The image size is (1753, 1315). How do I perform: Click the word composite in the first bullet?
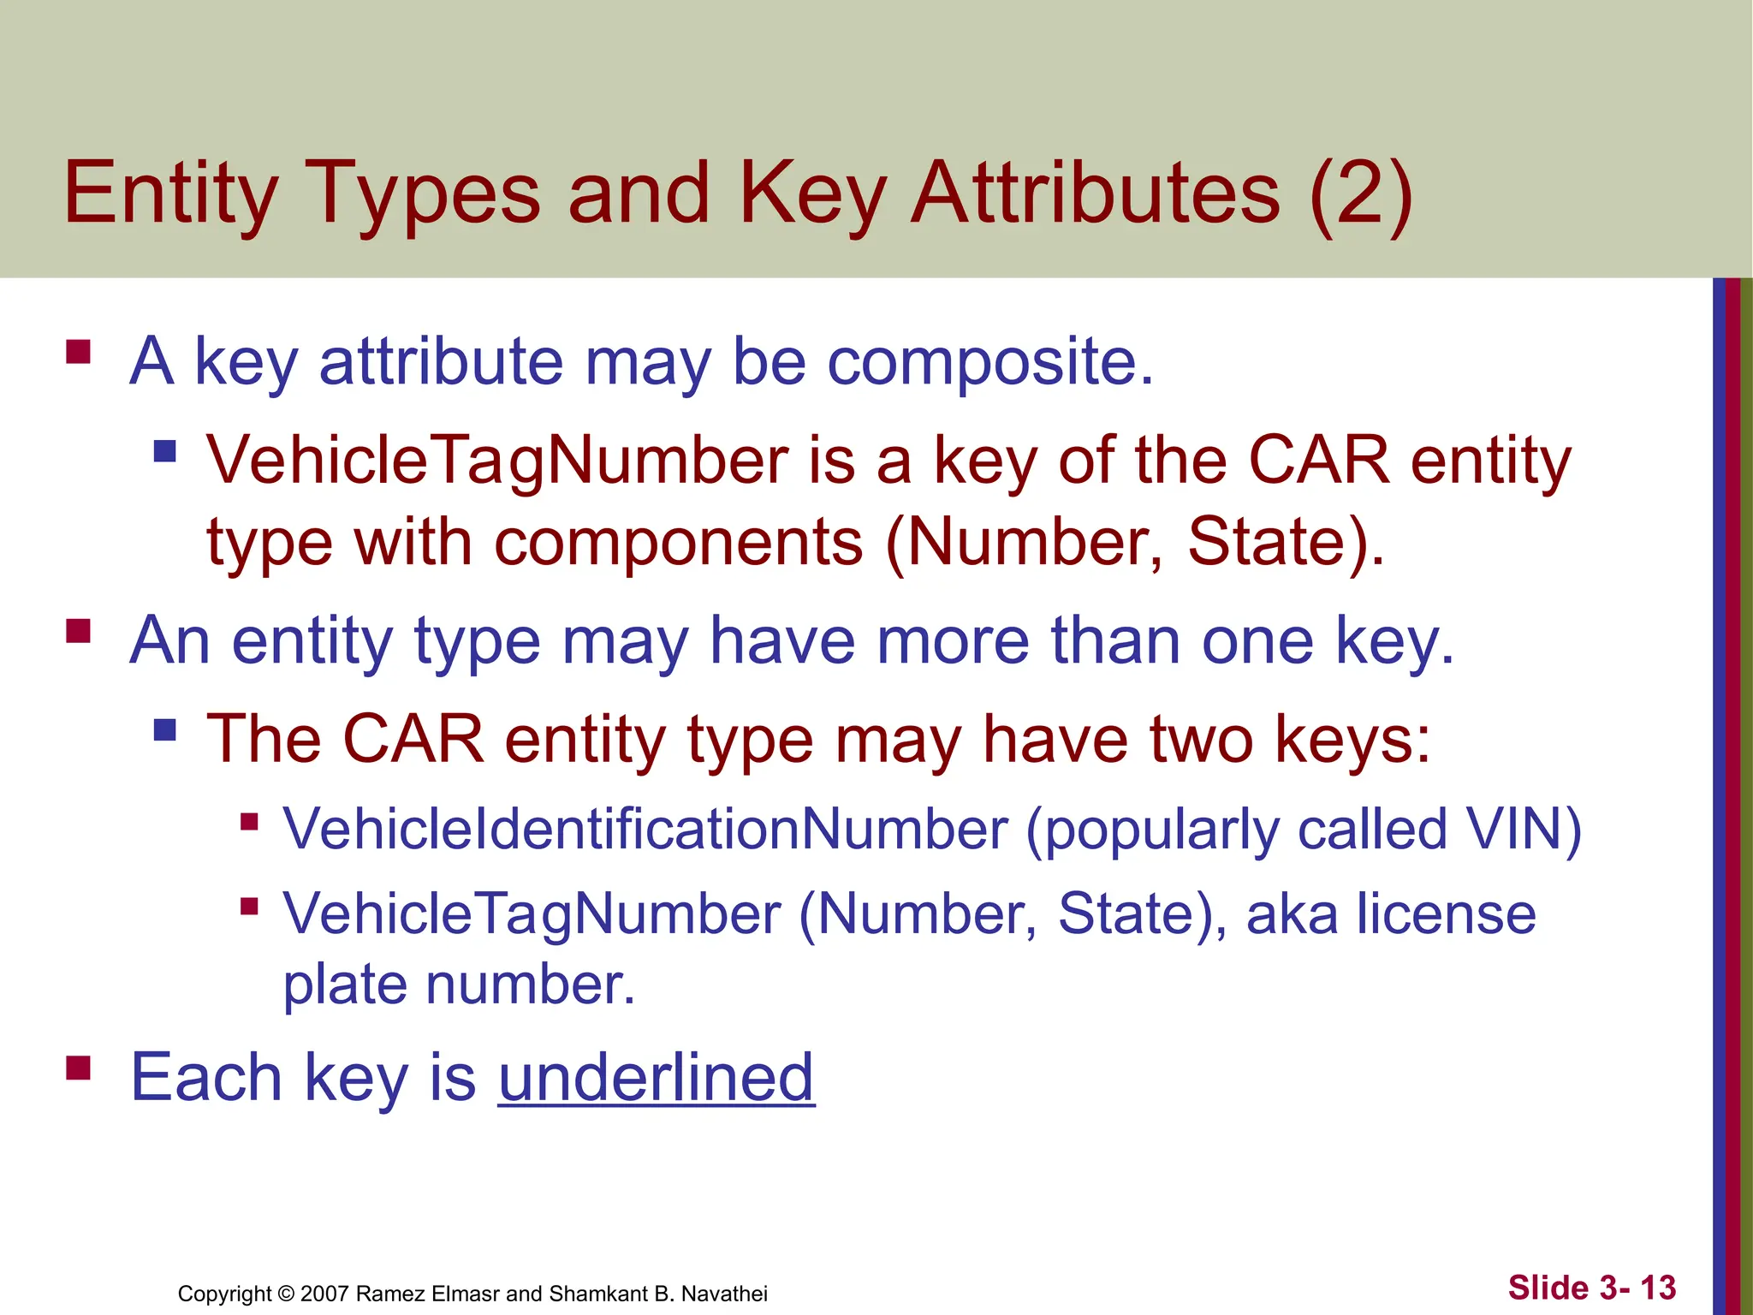click(x=981, y=361)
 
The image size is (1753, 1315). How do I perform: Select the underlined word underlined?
click(x=656, y=1077)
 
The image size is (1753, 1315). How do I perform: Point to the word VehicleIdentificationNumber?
click(x=646, y=829)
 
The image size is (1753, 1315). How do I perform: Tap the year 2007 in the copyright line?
click(x=325, y=1294)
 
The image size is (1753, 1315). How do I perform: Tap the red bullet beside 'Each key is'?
click(x=79, y=1068)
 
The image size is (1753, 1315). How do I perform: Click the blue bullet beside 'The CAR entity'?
click(x=164, y=729)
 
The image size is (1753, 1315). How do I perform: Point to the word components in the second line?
click(x=679, y=543)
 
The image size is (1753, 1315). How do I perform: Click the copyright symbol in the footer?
click(x=286, y=1294)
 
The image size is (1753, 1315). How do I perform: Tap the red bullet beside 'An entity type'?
click(x=79, y=631)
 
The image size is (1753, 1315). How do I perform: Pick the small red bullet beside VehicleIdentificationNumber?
click(x=249, y=822)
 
